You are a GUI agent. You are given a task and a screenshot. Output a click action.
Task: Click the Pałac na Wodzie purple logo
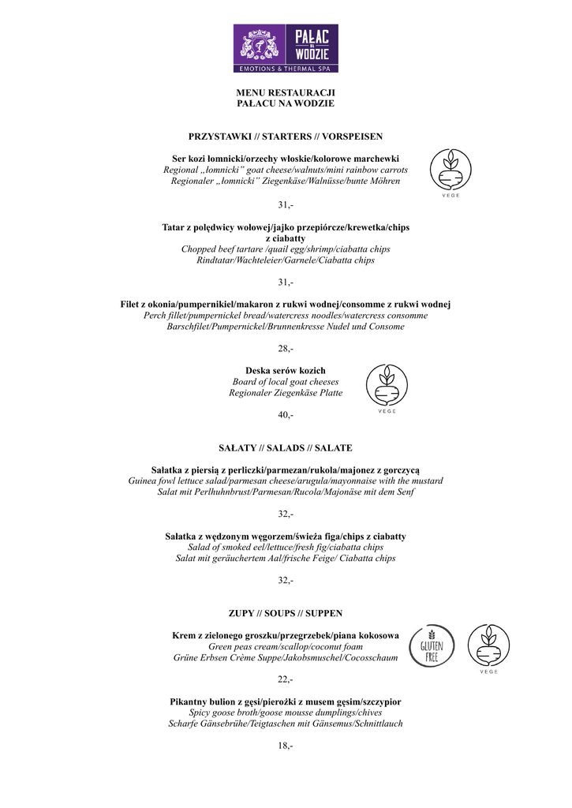pos(286,48)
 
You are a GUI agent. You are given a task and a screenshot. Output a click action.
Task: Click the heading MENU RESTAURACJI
pos(286,92)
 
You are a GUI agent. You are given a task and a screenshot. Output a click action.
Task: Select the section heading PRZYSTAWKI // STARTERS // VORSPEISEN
pos(286,137)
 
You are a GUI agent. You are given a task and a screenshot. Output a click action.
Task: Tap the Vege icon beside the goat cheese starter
pos(451,169)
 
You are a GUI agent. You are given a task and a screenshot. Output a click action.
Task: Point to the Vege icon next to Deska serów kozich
pos(387,386)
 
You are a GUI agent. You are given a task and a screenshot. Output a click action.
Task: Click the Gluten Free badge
pos(432,645)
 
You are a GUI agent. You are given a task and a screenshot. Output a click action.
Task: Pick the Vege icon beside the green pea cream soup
pos(488,645)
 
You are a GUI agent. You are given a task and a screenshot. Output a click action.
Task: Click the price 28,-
pos(286,349)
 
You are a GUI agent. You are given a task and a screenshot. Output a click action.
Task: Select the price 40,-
pos(286,415)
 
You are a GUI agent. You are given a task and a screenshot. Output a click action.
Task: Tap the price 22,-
pos(286,679)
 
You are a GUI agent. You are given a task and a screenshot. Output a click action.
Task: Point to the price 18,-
pos(286,746)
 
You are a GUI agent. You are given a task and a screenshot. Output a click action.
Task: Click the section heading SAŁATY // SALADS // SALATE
pos(286,448)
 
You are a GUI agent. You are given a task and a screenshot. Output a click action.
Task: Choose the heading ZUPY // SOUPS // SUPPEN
pos(286,613)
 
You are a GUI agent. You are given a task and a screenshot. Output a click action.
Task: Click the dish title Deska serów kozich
pos(286,371)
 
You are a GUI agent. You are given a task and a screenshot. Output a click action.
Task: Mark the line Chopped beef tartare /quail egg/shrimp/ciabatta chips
pos(286,249)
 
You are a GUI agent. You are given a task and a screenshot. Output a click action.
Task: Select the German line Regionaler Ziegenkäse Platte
pos(286,393)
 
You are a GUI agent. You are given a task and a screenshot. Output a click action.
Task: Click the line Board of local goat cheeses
pos(286,382)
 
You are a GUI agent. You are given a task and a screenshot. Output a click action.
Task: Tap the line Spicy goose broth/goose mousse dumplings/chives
pos(286,713)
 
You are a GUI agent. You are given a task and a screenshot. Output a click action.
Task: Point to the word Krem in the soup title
pos(184,635)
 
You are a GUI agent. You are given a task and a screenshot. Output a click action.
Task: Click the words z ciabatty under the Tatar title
pos(286,238)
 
